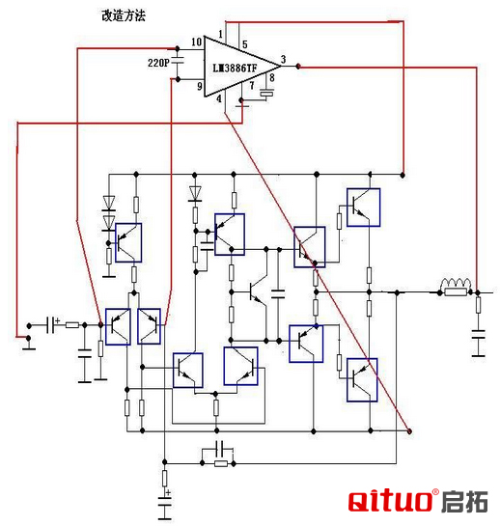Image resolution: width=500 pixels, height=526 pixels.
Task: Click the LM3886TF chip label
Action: click(235, 69)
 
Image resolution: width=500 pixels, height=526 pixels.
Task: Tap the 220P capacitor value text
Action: click(158, 63)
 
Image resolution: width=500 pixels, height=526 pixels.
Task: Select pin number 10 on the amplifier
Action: click(196, 42)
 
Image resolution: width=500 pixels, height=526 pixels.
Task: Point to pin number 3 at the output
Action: click(283, 60)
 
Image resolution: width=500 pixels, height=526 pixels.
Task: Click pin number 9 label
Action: click(200, 86)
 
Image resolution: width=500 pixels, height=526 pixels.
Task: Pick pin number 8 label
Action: click(272, 77)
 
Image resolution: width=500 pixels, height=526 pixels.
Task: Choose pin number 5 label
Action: click(245, 44)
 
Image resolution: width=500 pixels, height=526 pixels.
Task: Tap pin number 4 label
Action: click(219, 98)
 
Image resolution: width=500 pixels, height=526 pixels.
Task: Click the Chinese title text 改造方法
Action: click(124, 15)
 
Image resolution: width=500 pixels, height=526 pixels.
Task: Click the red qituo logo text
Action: click(390, 501)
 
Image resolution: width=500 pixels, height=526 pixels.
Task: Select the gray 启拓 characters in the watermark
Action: click(464, 502)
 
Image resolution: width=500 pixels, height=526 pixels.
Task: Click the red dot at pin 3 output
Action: click(298, 67)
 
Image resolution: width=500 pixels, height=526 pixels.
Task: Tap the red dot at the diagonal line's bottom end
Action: click(409, 431)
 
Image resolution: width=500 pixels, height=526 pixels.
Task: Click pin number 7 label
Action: click(252, 86)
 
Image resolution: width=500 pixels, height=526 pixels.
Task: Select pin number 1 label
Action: click(220, 34)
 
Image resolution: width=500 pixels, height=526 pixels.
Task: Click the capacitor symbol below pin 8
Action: click(266, 93)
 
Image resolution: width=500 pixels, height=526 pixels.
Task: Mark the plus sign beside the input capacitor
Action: click(57, 320)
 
